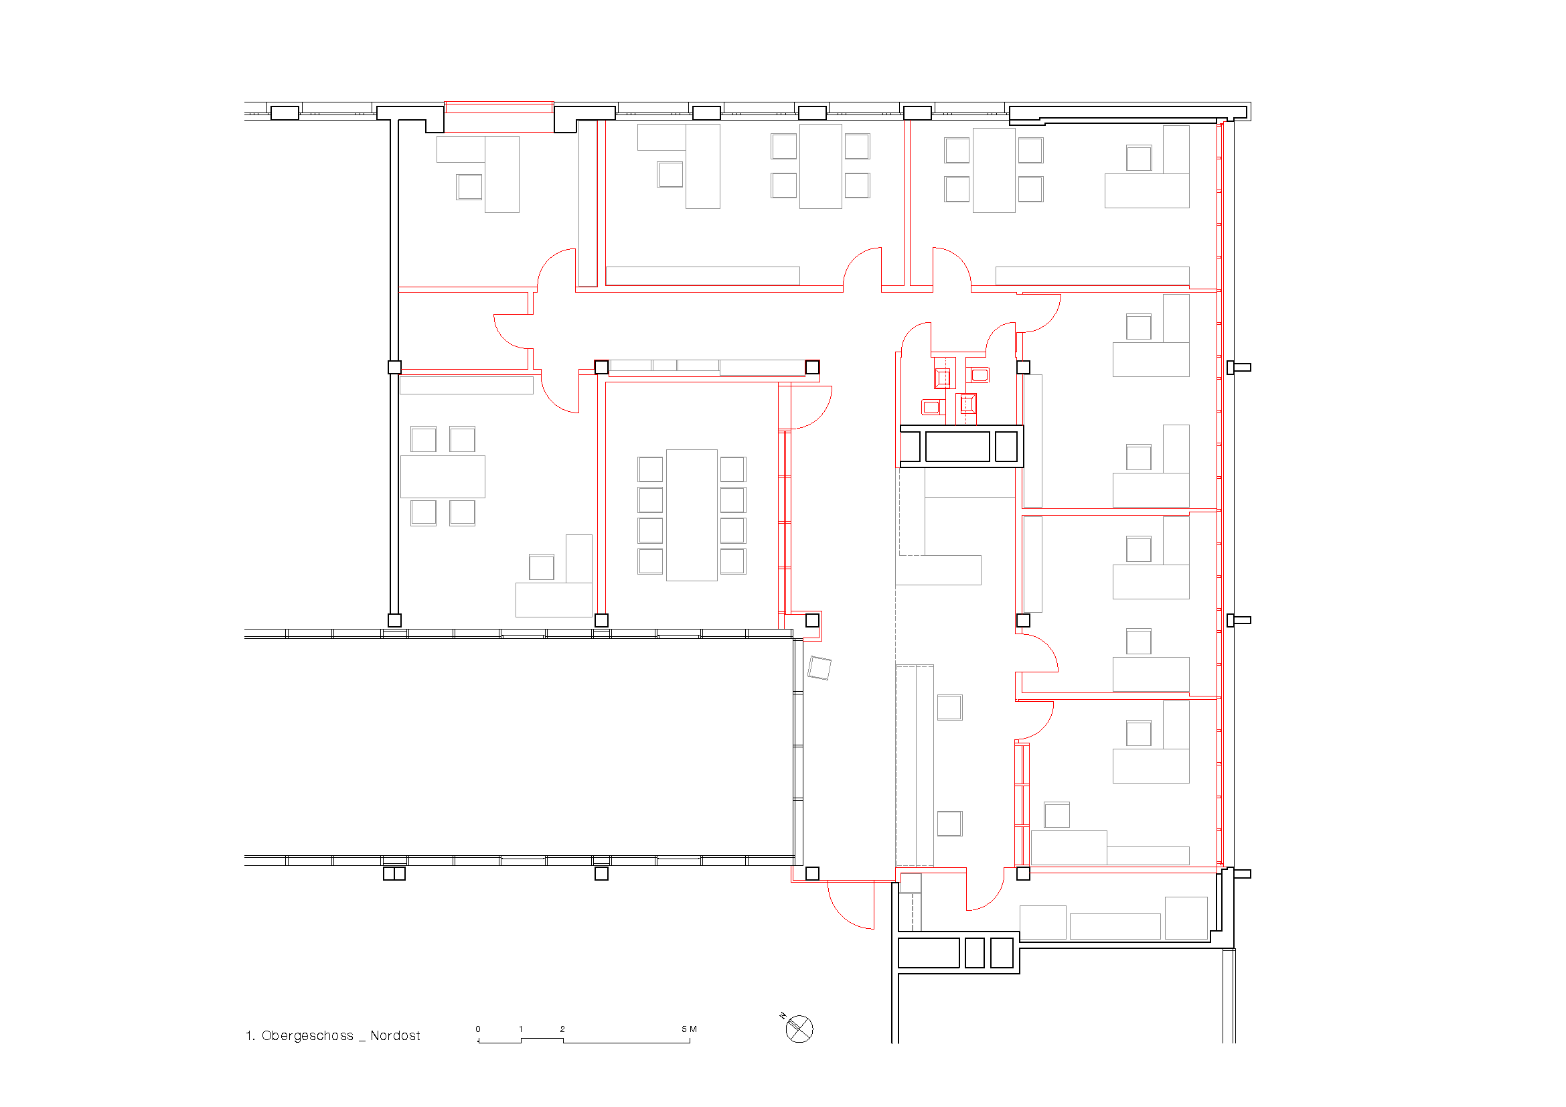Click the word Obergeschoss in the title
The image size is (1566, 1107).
pyautogui.click(x=307, y=1035)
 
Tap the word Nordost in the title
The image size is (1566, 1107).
pyautogui.click(x=395, y=1035)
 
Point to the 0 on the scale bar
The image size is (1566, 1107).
pyautogui.click(x=478, y=1029)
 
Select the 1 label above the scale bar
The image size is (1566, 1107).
pyautogui.click(x=521, y=1029)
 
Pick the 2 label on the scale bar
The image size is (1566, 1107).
pyautogui.click(x=562, y=1029)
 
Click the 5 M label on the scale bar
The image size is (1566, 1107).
pyautogui.click(x=690, y=1029)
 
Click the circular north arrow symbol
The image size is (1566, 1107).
pyautogui.click(x=799, y=1029)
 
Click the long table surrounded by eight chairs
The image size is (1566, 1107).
pyautogui.click(x=692, y=515)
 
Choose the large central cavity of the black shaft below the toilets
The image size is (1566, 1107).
pyautogui.click(x=957, y=447)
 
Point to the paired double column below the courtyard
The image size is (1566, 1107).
pyautogui.click(x=394, y=873)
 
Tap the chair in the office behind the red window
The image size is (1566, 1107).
pyautogui.click(x=469, y=186)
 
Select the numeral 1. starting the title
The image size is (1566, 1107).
pyautogui.click(x=250, y=1035)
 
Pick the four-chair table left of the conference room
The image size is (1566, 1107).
pyautogui.click(x=443, y=477)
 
